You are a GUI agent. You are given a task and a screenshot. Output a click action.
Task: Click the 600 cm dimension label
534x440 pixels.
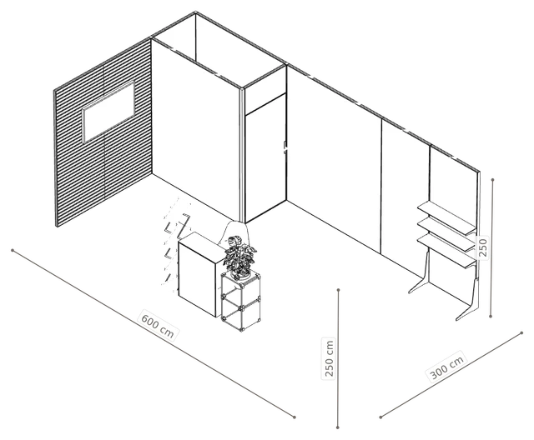158,324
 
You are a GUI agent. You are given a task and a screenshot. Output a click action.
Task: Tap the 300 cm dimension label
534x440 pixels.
447,367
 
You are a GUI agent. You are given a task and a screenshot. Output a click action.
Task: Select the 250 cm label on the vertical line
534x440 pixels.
329,358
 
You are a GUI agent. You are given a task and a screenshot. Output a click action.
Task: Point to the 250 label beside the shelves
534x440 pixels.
482,247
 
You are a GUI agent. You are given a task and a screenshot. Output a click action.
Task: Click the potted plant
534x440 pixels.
239,257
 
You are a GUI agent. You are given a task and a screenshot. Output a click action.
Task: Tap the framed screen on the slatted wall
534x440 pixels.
108,112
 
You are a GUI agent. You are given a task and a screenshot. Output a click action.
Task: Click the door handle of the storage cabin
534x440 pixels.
285,146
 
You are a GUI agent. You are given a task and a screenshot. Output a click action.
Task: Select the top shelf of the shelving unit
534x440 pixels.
446,217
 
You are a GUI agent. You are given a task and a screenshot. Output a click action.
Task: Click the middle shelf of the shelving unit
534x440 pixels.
446,234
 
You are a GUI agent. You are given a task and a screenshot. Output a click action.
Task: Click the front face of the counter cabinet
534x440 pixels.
197,278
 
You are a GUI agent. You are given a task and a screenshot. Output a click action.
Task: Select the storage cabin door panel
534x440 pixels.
265,158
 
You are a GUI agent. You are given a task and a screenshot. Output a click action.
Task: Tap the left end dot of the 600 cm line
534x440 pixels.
13,251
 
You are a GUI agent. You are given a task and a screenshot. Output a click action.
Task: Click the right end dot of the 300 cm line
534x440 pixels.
521,333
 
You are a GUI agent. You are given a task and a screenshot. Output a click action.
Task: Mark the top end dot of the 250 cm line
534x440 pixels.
338,290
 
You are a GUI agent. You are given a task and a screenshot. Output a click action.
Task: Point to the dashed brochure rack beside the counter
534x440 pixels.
176,243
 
